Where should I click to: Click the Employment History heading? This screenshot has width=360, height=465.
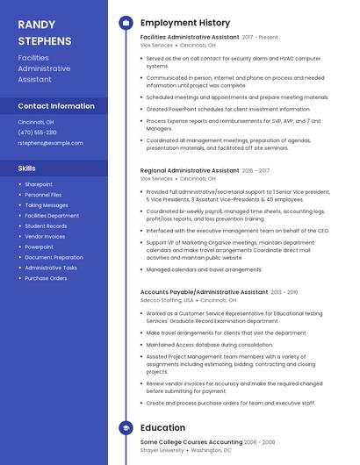click(x=184, y=22)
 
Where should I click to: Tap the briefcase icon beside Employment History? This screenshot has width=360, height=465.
click(x=126, y=22)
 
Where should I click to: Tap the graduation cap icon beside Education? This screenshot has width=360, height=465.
click(x=126, y=428)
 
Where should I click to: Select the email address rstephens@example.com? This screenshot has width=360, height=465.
click(x=50, y=143)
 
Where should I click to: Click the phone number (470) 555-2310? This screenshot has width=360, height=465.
click(x=37, y=132)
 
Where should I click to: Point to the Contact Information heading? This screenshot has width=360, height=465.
click(x=56, y=106)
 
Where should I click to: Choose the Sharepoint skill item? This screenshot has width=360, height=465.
click(x=39, y=184)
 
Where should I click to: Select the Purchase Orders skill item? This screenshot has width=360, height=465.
click(x=46, y=278)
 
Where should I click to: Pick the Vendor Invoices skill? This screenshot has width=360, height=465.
click(x=45, y=236)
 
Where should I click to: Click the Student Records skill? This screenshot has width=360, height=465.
click(x=46, y=225)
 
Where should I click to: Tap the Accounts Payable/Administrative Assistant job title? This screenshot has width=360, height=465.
click(x=204, y=291)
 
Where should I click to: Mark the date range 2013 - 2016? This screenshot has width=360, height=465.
click(x=284, y=292)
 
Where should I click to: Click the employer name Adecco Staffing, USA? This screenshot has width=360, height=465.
click(x=167, y=300)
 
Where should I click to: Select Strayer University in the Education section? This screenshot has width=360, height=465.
click(x=162, y=450)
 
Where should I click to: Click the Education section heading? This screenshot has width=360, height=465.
click(x=162, y=428)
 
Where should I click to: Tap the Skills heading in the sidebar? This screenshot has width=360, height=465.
click(x=27, y=167)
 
